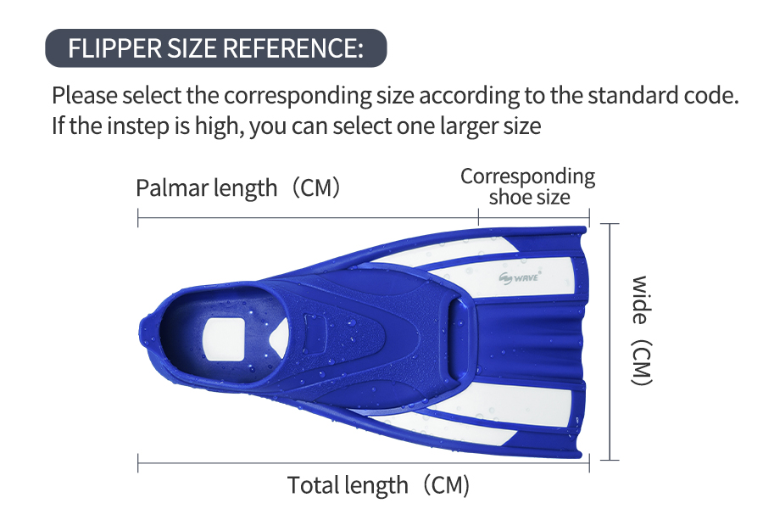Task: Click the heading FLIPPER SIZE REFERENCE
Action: coord(215,48)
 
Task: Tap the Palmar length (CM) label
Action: coord(238,188)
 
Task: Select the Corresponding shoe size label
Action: coord(528,187)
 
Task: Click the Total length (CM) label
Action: coord(379,485)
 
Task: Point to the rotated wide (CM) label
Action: coord(641,331)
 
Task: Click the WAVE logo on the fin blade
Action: coord(519,278)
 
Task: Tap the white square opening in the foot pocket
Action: coord(223,339)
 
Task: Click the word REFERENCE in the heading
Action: coord(293,48)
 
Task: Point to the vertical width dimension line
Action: coord(610,341)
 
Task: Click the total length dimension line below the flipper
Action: coord(364,462)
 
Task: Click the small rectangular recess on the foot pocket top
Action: coord(315,323)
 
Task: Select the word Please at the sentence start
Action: coord(85,95)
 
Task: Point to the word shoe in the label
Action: coord(506,198)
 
